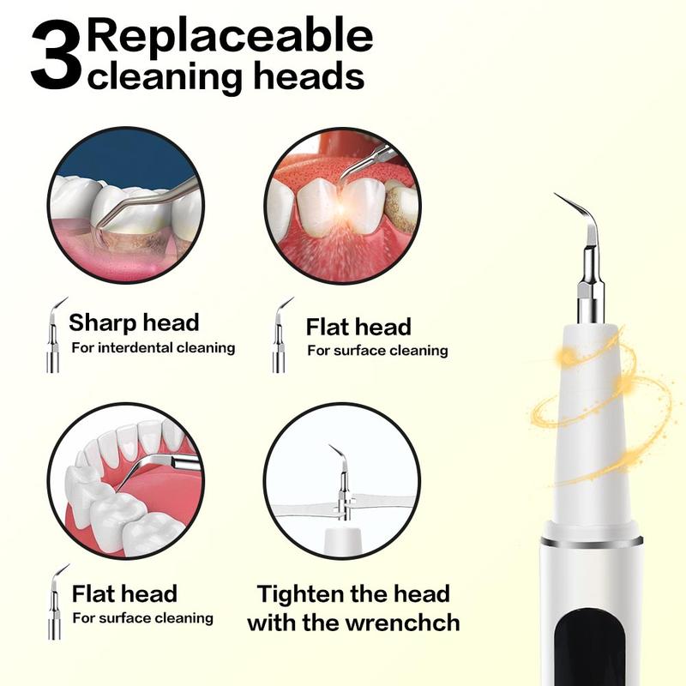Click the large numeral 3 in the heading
coord(57,58)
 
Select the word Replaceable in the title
coord(231,36)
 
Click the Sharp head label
coord(134,322)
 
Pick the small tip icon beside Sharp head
coord(54,334)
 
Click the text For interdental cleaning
coord(153,347)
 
